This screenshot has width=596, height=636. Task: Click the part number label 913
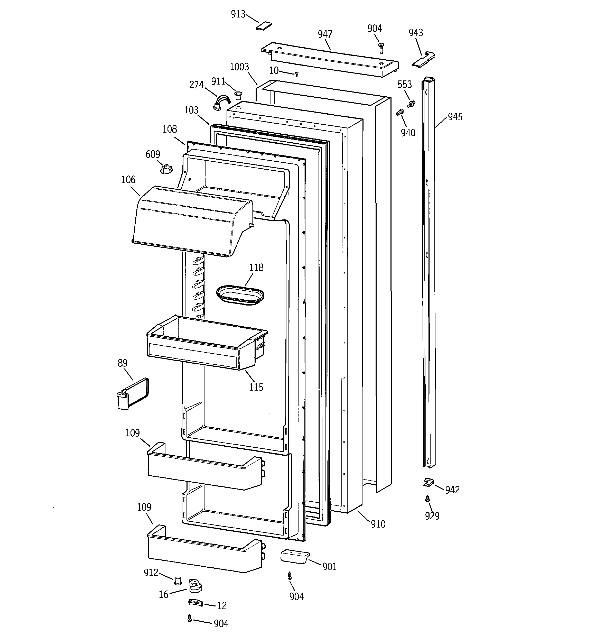point(238,14)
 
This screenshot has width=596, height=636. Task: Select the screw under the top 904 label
point(381,48)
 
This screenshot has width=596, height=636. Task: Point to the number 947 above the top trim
point(325,34)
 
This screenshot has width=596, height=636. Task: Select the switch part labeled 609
point(167,169)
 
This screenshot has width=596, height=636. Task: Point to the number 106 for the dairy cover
point(128,180)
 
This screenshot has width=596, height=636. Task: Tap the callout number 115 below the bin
point(256,387)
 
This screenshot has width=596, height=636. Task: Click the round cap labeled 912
point(178,579)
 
